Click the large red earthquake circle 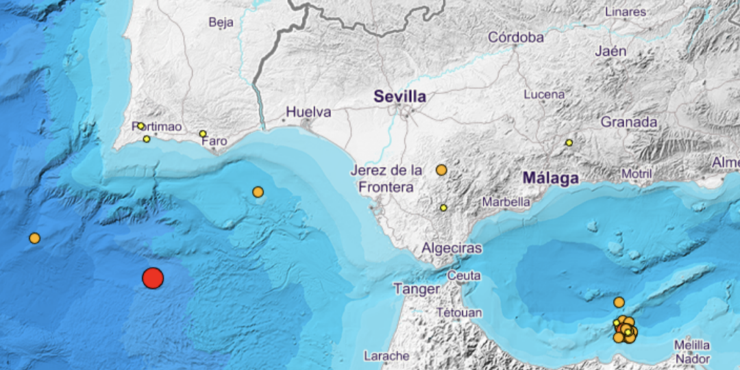[x=153, y=278]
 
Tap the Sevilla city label [x=400, y=97]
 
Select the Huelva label [x=308, y=112]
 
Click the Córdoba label [x=515, y=38]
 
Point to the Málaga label [x=550, y=179]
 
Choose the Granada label [x=628, y=122]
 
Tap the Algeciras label [x=452, y=248]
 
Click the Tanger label [x=416, y=290]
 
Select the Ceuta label [x=464, y=276]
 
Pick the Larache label [x=386, y=356]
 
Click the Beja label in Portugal [x=221, y=22]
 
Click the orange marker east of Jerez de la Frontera [x=441, y=170]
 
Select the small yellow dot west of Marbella [x=443, y=208]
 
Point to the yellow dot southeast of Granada [x=569, y=142]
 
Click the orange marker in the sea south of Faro [x=258, y=192]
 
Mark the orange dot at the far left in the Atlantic [x=34, y=238]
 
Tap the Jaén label [x=610, y=51]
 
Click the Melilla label [x=691, y=345]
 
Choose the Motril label [x=637, y=173]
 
